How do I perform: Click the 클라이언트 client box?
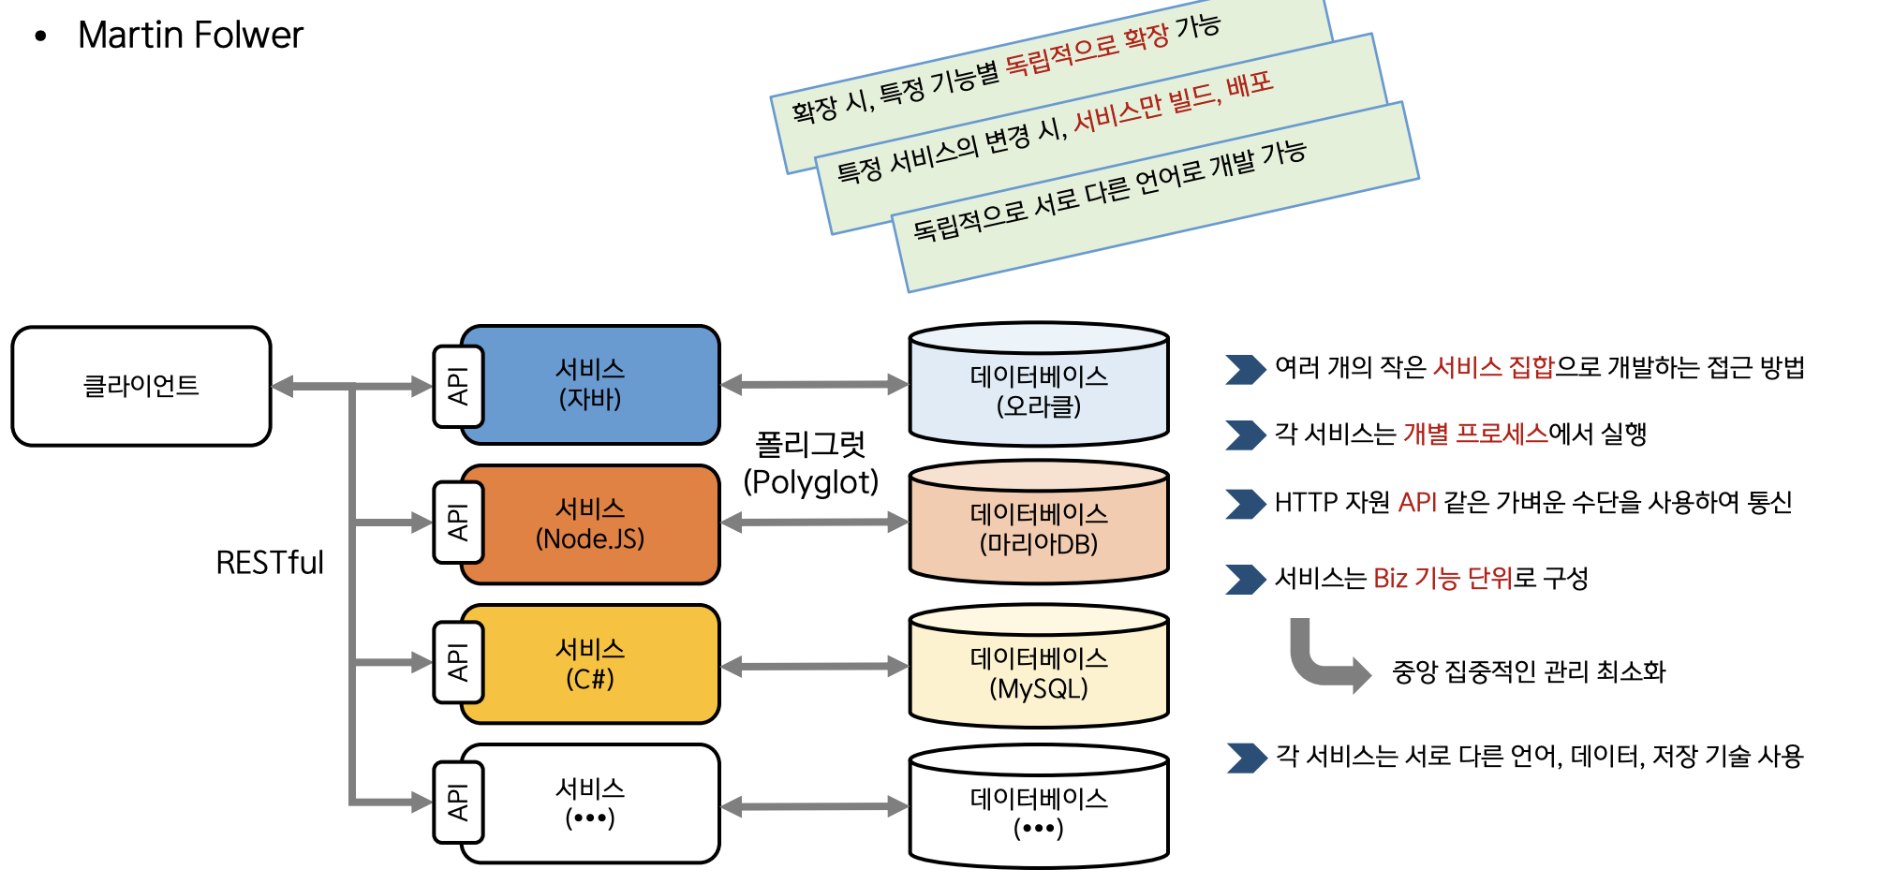click(141, 386)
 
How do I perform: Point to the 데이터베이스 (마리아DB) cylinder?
click(1039, 529)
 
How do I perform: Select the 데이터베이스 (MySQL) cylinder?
click(1039, 673)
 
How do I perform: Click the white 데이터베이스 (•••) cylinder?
click(1039, 813)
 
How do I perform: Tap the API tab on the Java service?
click(458, 386)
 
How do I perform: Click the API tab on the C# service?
click(458, 662)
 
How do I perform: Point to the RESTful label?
click(270, 563)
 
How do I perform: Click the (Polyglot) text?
click(811, 482)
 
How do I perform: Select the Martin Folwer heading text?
click(190, 36)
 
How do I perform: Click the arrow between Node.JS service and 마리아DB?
click(815, 523)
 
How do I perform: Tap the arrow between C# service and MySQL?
click(815, 667)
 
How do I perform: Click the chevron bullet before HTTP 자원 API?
click(1245, 504)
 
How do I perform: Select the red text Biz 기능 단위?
click(1443, 579)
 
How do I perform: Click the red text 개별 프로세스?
click(1475, 435)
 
